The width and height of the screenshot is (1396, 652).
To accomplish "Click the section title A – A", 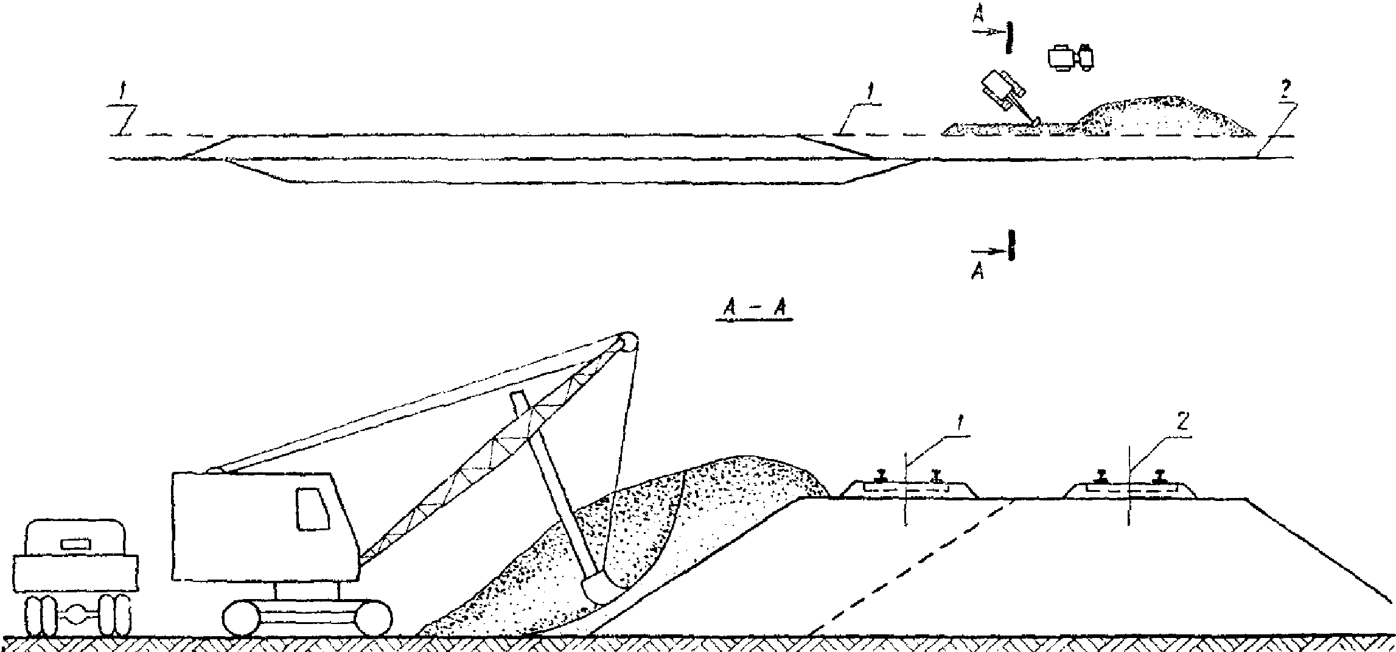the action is coord(755,310).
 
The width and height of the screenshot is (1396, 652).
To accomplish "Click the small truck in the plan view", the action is coord(1070,58).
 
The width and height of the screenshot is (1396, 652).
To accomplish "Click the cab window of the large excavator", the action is coord(312,509).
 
